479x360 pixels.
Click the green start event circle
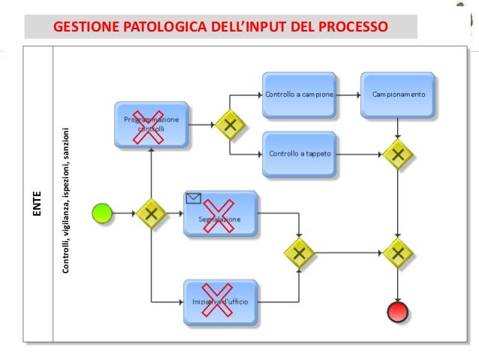(x=101, y=213)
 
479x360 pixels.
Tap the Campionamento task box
(x=398, y=95)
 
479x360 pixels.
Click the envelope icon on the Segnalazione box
(x=194, y=199)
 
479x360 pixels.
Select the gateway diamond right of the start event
(x=152, y=213)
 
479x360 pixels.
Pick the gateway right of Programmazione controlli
(x=230, y=126)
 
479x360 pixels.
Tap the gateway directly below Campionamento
(x=398, y=154)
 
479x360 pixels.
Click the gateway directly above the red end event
(x=398, y=253)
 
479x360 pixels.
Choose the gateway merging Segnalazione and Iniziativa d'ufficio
(x=300, y=253)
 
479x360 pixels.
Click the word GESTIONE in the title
(x=81, y=29)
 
